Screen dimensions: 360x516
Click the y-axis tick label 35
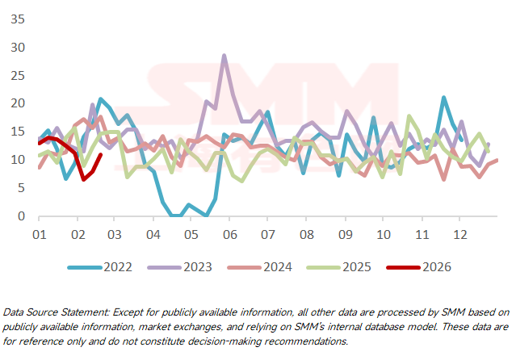15,18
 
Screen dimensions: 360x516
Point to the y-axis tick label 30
15,47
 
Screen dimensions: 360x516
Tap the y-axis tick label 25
15,75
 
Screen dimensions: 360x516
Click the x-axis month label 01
37,234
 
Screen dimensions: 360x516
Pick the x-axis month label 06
229,234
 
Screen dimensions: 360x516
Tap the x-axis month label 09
346,234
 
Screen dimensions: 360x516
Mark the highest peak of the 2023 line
224,56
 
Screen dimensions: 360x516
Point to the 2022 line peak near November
443,98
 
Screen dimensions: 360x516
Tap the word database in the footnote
407,326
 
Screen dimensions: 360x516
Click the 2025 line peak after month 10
409,116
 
